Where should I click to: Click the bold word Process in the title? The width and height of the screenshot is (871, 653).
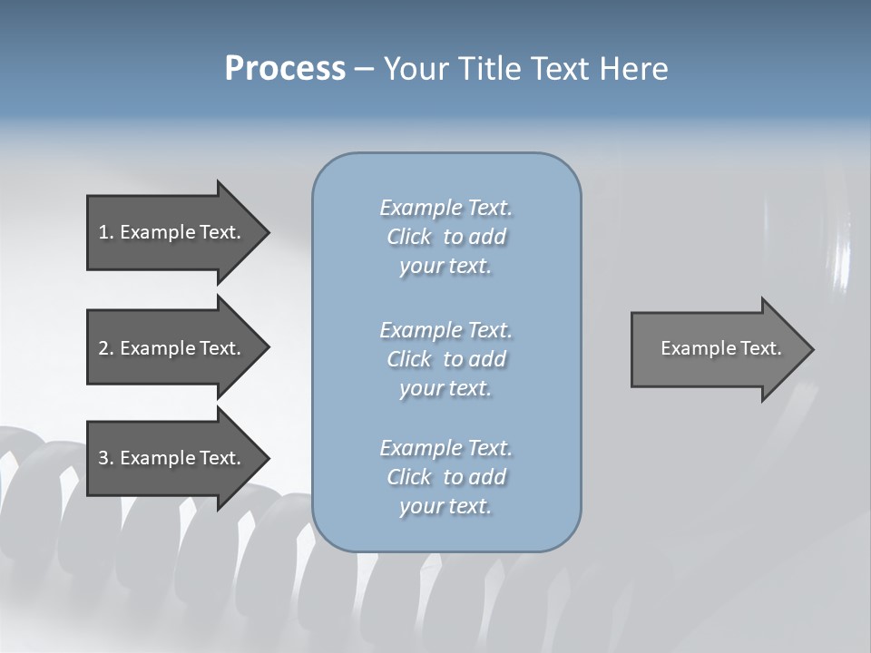pyautogui.click(x=285, y=69)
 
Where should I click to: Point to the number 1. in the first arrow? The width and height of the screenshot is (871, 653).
pyautogui.click(x=106, y=232)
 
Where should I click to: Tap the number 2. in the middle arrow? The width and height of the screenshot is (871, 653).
pyautogui.click(x=106, y=348)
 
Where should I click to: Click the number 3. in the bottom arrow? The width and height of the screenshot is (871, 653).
pyautogui.click(x=106, y=458)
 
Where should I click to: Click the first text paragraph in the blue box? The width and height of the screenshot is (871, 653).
pyautogui.click(x=445, y=237)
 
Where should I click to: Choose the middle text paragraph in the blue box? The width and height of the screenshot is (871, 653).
pyautogui.click(x=445, y=359)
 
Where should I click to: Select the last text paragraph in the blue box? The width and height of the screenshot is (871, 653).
pyautogui.click(x=445, y=477)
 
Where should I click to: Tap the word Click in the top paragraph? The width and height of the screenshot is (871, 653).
pyautogui.click(x=408, y=237)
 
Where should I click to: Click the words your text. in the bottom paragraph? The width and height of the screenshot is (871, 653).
pyautogui.click(x=445, y=506)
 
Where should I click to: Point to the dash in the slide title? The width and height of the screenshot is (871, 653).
pyautogui.click(x=364, y=70)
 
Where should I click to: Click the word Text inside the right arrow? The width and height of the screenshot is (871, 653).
pyautogui.click(x=760, y=348)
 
